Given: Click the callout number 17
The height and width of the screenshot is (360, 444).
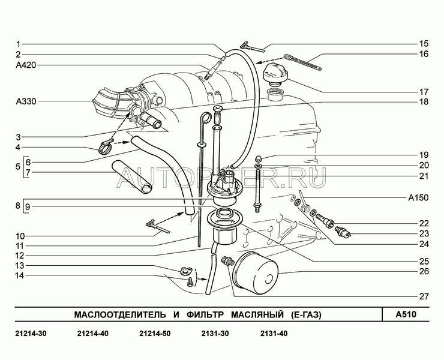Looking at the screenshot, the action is pos(424,92).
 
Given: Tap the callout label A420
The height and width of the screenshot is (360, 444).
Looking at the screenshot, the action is pos(26,65).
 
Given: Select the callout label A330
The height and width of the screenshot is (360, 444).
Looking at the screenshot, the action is pos(26,101).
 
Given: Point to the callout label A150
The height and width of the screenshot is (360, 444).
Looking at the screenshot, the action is pos(418,197).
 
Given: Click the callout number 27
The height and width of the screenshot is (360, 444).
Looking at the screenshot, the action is pos(424,296).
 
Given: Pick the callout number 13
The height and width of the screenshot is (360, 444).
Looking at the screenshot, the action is pos(20,265).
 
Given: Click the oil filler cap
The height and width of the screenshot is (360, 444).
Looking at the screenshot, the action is pos(275,74).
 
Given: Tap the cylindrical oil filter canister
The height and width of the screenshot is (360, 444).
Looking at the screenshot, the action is pos(255,274).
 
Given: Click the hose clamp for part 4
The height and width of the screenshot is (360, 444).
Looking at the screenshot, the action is pos(106,147).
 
